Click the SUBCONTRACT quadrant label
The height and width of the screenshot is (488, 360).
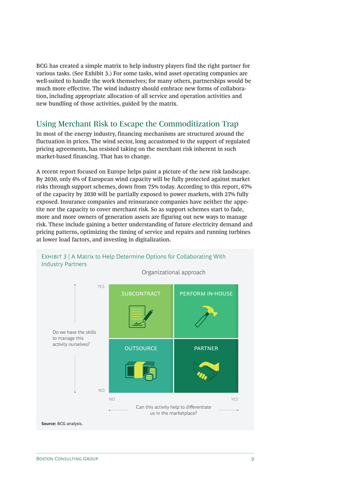click(x=141, y=294)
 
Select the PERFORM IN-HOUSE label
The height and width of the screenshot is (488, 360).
click(x=206, y=294)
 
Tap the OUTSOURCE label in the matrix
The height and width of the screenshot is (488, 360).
click(x=141, y=349)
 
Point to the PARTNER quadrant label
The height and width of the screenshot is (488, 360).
click(x=206, y=349)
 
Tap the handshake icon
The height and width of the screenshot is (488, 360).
click(x=206, y=370)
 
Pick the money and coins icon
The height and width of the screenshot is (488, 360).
click(x=141, y=370)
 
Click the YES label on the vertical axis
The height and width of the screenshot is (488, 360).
click(x=101, y=287)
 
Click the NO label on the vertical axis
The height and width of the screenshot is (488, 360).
click(x=101, y=390)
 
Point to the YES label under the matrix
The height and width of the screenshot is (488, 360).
click(x=234, y=399)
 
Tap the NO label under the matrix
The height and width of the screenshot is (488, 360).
click(x=112, y=399)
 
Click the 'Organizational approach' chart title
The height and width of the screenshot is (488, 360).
click(x=173, y=273)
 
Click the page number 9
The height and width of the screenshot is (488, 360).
click(x=252, y=459)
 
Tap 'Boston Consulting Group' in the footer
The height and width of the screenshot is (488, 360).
click(x=67, y=459)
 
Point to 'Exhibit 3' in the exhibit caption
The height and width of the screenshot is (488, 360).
click(x=50, y=257)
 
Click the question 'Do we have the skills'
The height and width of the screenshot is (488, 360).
click(x=74, y=332)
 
